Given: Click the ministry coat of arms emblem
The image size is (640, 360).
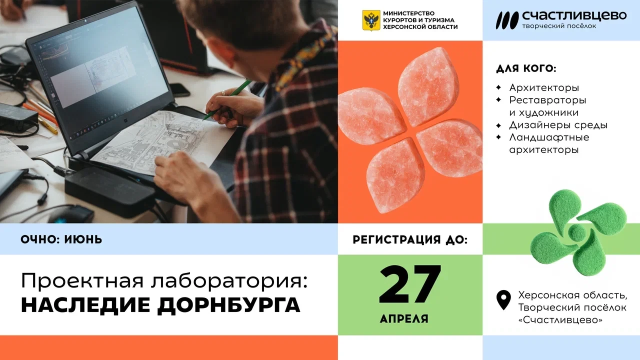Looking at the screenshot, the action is [x=371, y=20].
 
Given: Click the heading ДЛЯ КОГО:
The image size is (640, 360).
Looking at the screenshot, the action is [x=526, y=68].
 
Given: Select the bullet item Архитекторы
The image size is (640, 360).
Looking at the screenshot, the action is [x=544, y=87].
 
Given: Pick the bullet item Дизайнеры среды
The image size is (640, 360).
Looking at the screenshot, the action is [x=558, y=125].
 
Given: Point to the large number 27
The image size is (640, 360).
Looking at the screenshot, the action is [x=410, y=284].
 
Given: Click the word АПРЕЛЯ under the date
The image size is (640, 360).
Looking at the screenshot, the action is [x=404, y=318].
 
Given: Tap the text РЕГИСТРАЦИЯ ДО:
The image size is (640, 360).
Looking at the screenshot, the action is [x=410, y=239].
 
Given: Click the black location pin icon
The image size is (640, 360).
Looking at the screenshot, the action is [x=503, y=300].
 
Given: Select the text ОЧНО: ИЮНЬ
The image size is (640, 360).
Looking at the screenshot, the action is [x=61, y=239].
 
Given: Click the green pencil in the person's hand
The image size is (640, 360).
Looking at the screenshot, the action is [x=227, y=99].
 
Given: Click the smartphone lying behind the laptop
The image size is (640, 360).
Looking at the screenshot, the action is [x=179, y=89].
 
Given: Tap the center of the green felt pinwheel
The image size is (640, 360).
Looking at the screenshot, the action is [x=577, y=232].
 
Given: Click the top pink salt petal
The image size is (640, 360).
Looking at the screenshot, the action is [x=428, y=86].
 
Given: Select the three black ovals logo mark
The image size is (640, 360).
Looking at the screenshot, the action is [x=507, y=20].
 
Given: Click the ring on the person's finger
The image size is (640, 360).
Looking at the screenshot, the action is [x=223, y=93].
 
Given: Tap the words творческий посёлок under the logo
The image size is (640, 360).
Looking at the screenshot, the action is [x=559, y=26].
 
